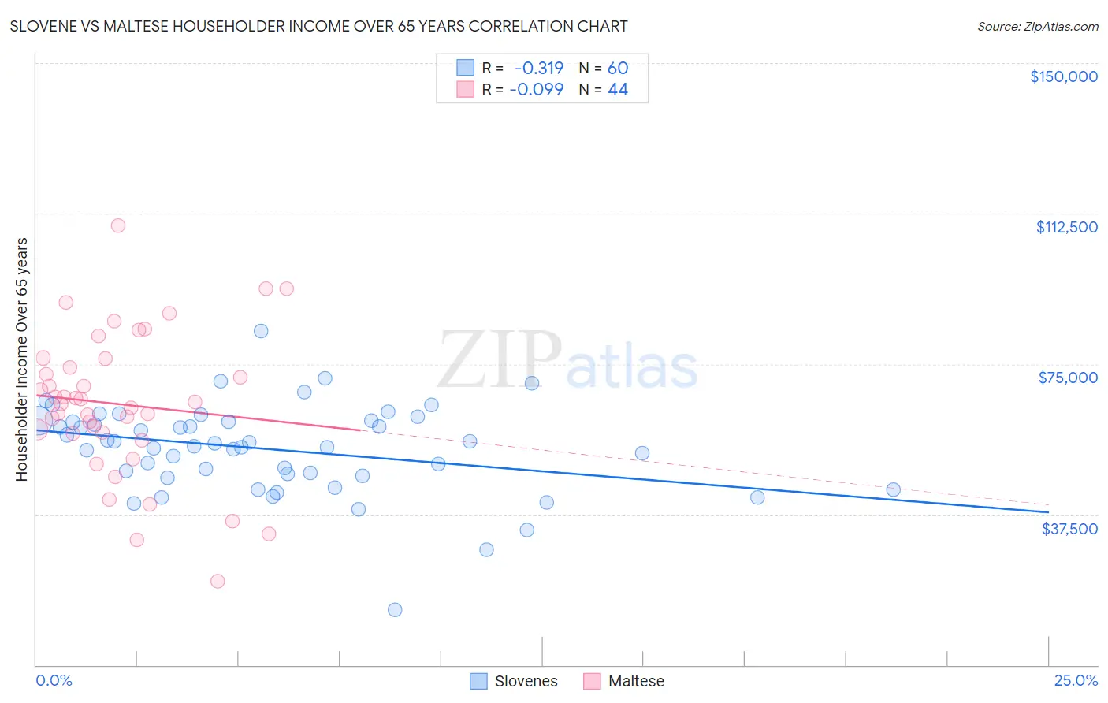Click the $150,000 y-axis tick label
(x=1063, y=76)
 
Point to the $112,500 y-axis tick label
(x=1066, y=227)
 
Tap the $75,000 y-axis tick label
(x=1068, y=378)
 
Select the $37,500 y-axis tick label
(x=1069, y=529)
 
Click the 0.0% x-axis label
(x=54, y=681)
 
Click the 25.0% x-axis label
(x=1076, y=681)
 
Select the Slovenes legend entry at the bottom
(x=514, y=681)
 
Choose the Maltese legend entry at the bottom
(x=624, y=681)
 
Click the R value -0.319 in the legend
(x=539, y=69)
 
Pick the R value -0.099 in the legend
(x=537, y=90)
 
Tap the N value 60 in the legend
(x=618, y=69)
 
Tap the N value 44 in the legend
(x=618, y=90)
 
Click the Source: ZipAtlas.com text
(x=1037, y=27)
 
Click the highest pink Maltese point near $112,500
(x=118, y=225)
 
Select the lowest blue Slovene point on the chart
(x=395, y=610)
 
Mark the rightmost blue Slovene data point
(x=893, y=489)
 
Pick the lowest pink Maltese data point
(x=218, y=582)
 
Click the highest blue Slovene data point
(x=261, y=331)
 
